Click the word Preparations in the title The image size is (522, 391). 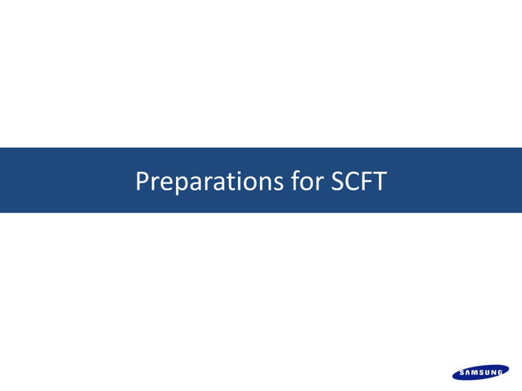tap(209, 181)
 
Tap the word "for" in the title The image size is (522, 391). tap(306, 181)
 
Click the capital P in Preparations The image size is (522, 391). tap(142, 181)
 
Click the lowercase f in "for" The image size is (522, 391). tap(295, 181)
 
